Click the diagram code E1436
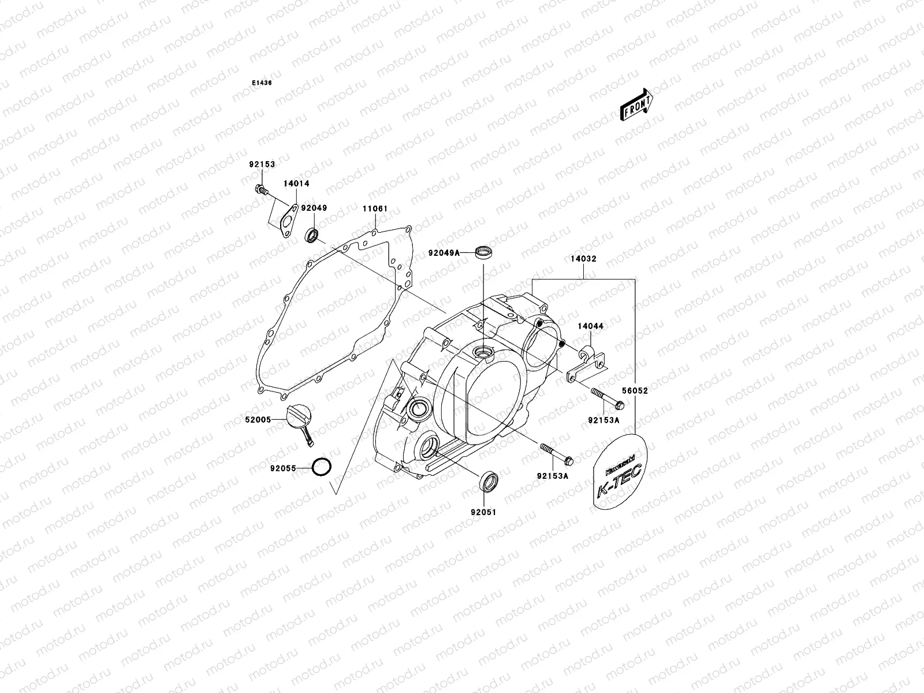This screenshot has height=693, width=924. [261, 83]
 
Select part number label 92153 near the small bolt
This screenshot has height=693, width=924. [262, 164]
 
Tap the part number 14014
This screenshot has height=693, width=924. [296, 183]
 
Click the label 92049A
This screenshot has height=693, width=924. [444, 252]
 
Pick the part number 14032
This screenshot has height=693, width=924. [584, 260]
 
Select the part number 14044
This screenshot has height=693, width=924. [591, 326]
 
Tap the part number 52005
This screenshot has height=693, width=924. [258, 420]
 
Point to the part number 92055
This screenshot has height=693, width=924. [282, 468]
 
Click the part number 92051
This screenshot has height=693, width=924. [483, 512]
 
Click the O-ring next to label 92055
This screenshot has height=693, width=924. [321, 467]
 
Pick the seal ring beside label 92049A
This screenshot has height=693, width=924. [484, 253]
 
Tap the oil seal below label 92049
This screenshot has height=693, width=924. [312, 235]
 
